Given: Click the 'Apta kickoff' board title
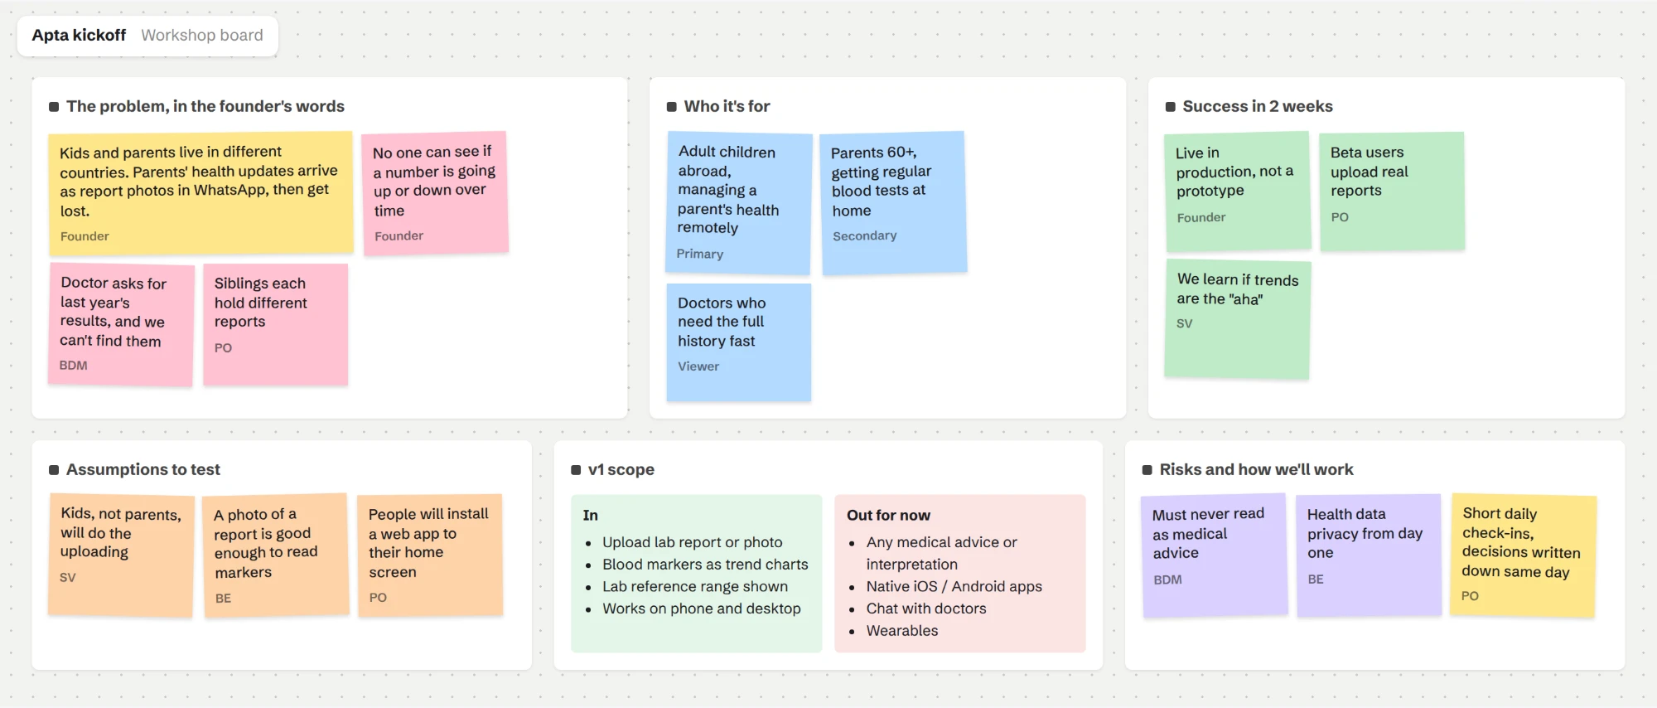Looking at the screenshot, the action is point(79,35).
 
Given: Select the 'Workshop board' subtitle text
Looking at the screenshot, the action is point(202,35).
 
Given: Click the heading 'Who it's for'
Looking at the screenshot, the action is point(727,106).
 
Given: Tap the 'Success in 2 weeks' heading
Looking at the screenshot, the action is point(1258,106).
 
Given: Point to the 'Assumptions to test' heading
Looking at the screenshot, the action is point(143,469).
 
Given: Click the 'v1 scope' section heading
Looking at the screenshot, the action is point(621,469).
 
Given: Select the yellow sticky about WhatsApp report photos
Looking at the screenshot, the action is point(200,193).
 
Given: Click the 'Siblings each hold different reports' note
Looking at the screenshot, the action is point(276,325).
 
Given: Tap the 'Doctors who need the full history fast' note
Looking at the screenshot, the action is point(739,342).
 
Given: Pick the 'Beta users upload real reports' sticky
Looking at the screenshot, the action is point(1392,192).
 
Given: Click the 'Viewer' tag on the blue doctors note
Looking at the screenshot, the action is point(698,366).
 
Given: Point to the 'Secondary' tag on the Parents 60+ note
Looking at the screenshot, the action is point(864,236).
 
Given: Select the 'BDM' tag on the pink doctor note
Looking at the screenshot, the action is point(73,366).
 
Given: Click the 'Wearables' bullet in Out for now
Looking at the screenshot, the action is point(902,631).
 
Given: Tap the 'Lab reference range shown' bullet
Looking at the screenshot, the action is point(695,587).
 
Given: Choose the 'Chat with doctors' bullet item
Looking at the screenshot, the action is point(926,609).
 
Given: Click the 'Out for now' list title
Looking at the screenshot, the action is point(888,515).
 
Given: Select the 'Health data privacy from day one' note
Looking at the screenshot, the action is point(1369,555).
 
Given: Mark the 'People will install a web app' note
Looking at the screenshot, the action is point(430,555).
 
